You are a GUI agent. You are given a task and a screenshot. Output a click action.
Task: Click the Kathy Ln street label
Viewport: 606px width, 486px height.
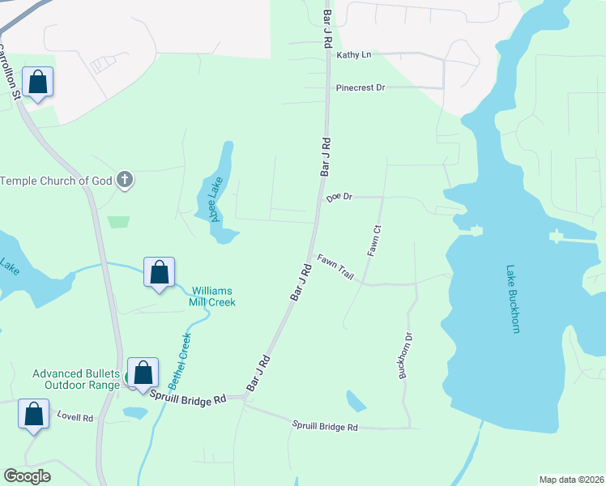pos(353,55)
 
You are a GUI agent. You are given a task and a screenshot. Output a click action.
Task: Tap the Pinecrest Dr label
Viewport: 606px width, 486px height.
pos(361,87)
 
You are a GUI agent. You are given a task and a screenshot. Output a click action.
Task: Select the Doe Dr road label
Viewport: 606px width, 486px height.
pos(339,197)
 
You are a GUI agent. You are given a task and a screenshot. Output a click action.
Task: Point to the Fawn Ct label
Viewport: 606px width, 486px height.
pos(374,241)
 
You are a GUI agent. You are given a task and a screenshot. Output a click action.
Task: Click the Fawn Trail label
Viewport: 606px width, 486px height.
pos(335,266)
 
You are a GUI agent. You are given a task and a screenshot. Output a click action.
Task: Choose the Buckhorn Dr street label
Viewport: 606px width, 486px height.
pos(405,356)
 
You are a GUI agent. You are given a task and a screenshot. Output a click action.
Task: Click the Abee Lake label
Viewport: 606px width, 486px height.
pos(216,199)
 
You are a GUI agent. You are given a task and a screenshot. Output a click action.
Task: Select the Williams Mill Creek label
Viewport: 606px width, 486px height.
pos(213,296)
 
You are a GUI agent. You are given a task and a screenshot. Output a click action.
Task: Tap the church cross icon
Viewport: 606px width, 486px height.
pos(125,180)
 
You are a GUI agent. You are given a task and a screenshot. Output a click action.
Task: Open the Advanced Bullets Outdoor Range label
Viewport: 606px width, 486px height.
pos(75,379)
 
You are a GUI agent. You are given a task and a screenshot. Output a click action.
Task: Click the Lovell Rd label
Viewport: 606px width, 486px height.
pos(75,417)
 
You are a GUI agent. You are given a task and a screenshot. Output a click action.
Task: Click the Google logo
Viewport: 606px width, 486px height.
pos(28,476)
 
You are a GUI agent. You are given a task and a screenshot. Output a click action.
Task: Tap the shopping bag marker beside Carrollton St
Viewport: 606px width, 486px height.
pos(37,82)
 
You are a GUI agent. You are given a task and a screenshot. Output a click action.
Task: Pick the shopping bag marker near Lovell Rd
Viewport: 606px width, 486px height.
pos(34,414)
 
